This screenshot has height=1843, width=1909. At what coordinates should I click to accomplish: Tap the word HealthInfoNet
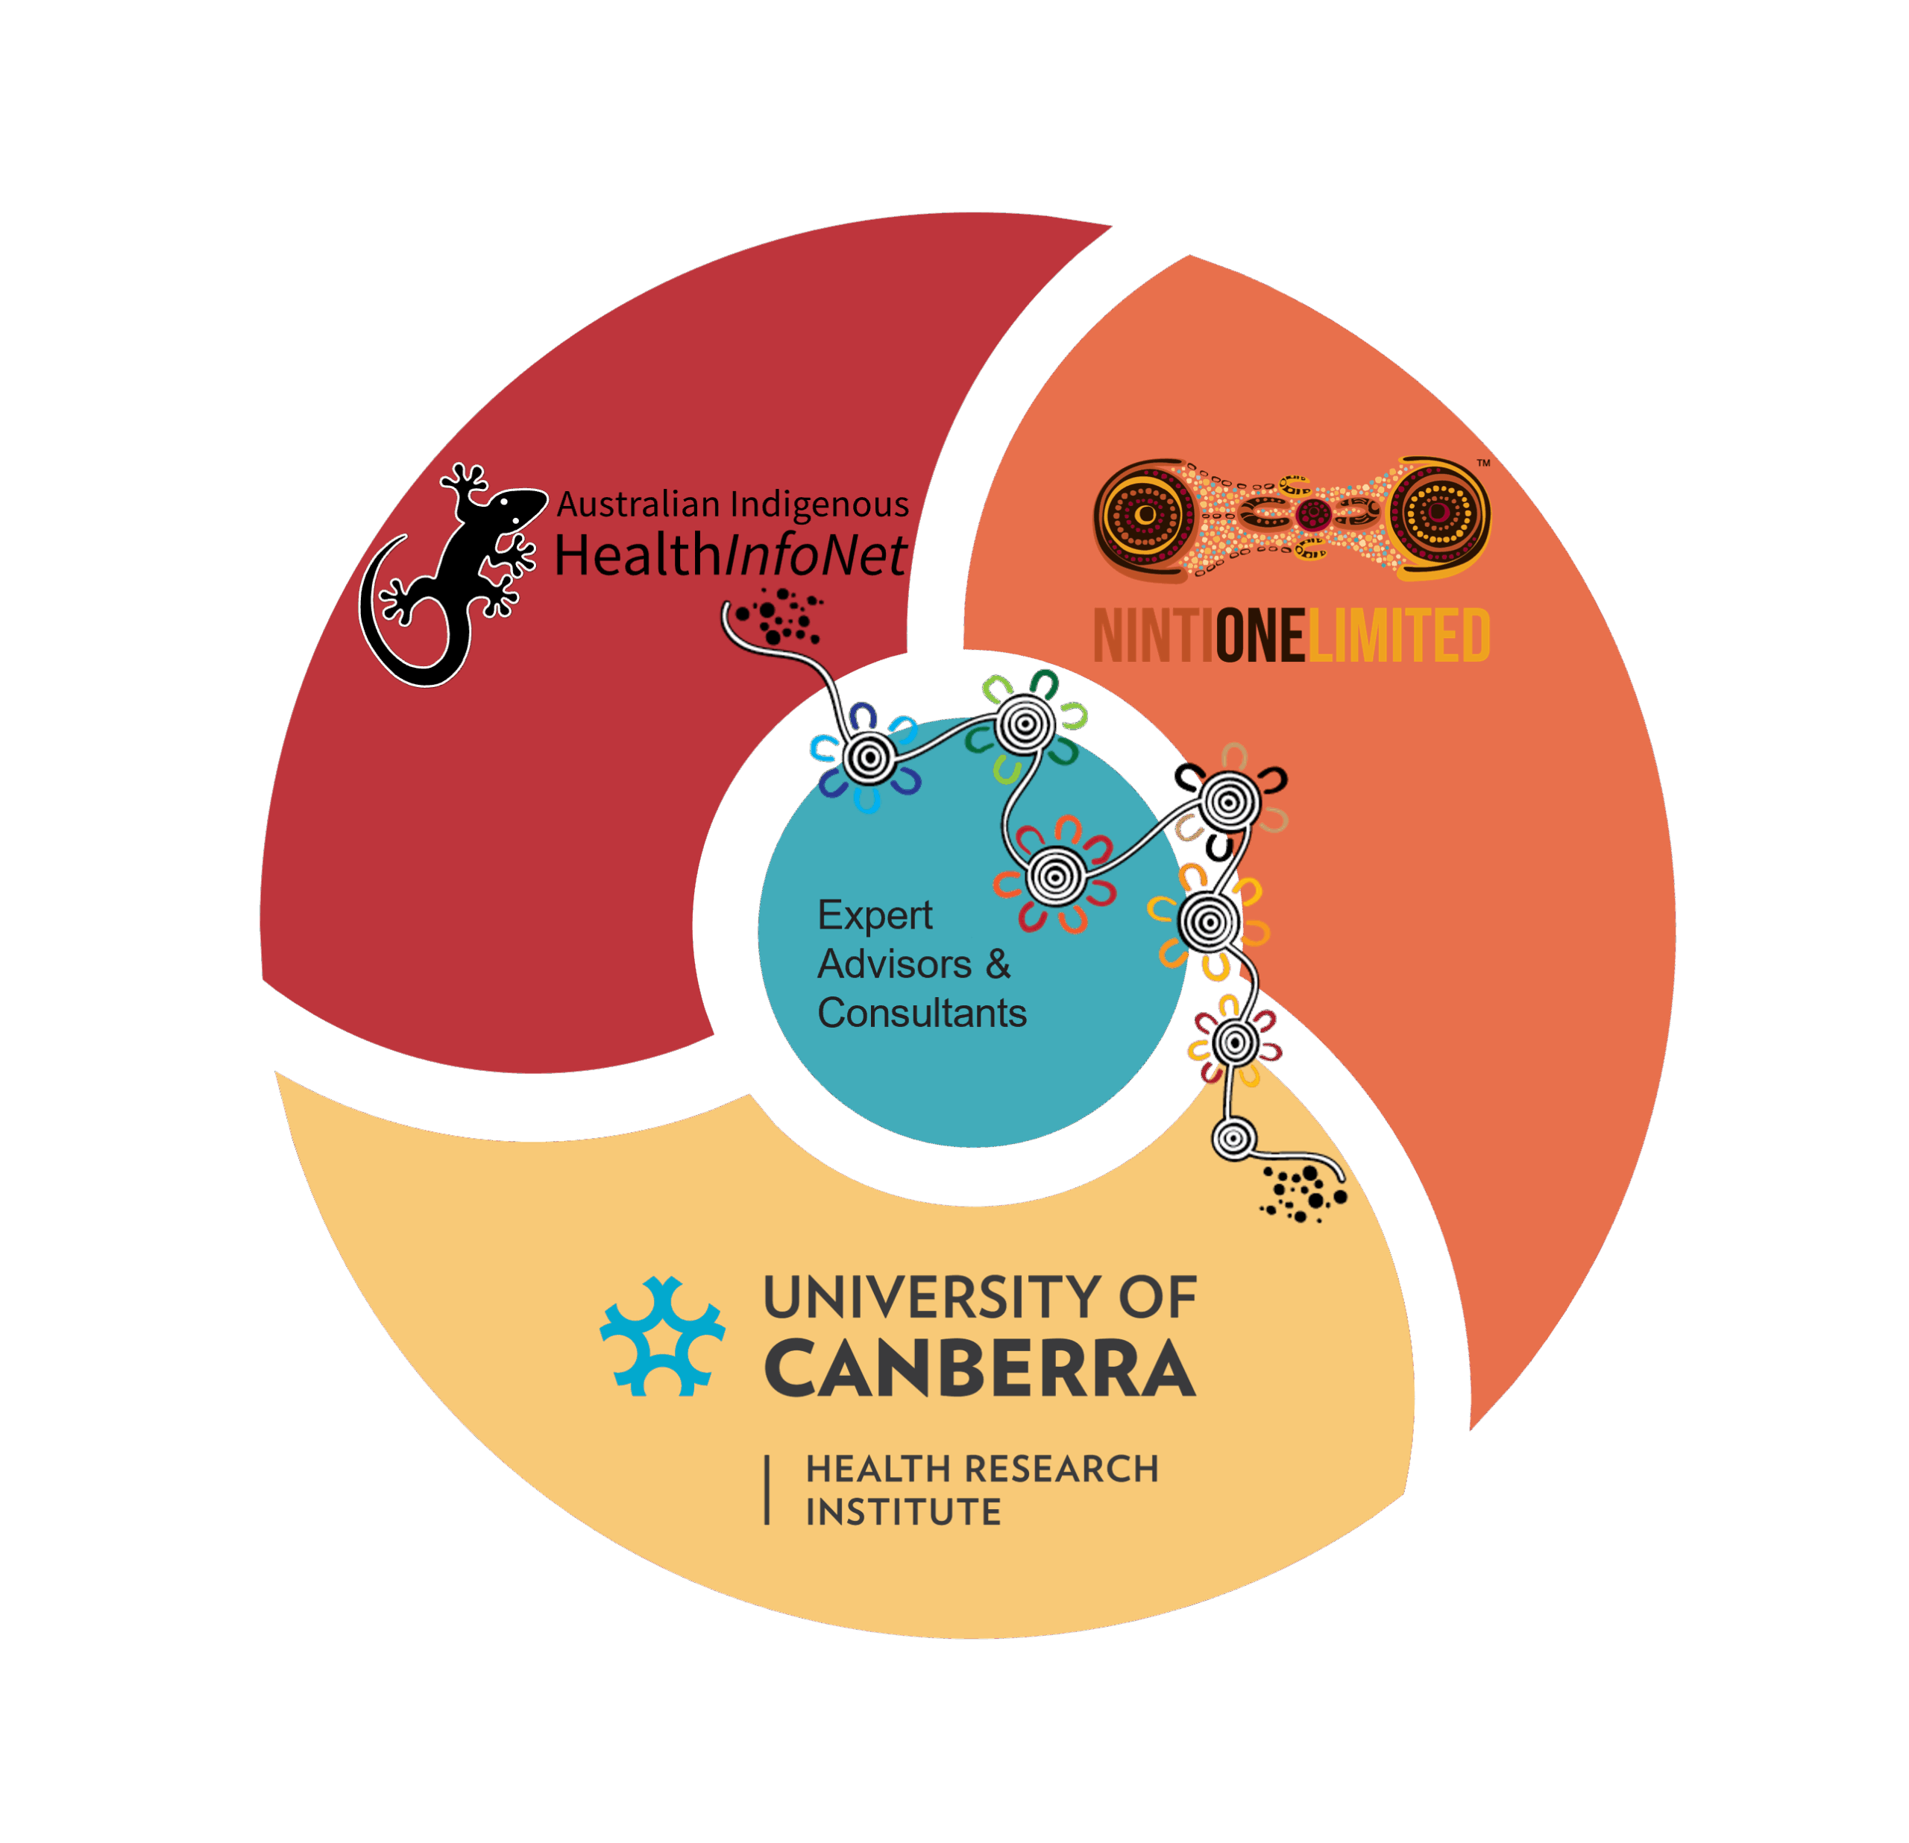pos(731,557)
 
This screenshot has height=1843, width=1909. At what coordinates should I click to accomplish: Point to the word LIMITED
pos(1399,636)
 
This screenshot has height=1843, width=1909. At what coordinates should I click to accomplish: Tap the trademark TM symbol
pos(1483,464)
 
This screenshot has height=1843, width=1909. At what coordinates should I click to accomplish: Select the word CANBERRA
pos(980,1370)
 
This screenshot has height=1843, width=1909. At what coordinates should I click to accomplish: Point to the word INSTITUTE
pos(903,1512)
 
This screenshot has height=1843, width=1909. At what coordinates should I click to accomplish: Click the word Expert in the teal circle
pos(875,915)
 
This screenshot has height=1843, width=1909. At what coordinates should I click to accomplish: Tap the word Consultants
pos(922,1014)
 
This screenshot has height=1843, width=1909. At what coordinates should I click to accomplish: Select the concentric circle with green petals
pos(1024,724)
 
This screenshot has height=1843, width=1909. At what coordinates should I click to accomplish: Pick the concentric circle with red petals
pos(1055,876)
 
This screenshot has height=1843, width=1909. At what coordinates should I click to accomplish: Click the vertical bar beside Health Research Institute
pos(767,1490)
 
